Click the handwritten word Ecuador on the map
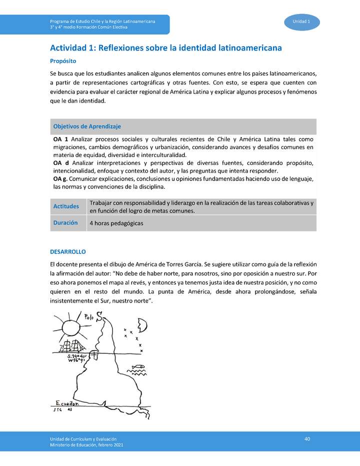click(x=67, y=403)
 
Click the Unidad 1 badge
click(x=301, y=21)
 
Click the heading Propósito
click(x=62, y=61)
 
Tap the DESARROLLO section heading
click(x=68, y=251)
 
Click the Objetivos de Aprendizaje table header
click(x=87, y=126)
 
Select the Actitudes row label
click(x=66, y=206)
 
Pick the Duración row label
click(x=65, y=223)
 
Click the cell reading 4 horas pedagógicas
click(x=116, y=223)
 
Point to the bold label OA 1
click(x=60, y=139)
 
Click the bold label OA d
click(x=60, y=163)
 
